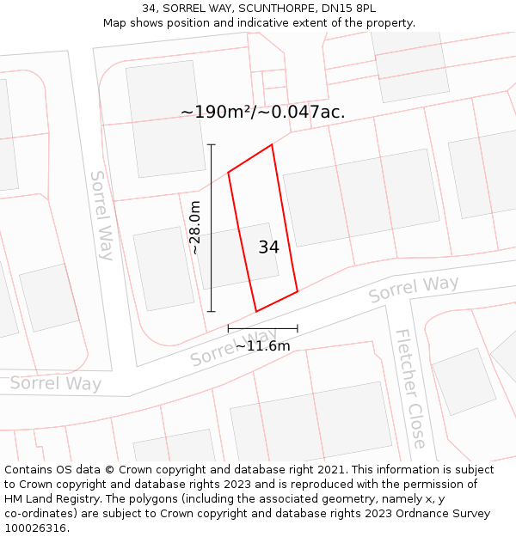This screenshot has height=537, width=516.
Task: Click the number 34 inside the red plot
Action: coord(268,247)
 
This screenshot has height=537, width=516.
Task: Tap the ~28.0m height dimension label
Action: coord(195,228)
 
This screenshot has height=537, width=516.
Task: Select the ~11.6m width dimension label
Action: coord(262,346)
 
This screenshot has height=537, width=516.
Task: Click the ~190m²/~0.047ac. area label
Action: coord(262,112)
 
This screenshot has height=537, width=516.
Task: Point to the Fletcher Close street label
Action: coord(410,388)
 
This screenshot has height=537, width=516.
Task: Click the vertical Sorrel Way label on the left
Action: coord(101,215)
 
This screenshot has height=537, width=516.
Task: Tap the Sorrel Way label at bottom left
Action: coord(56,383)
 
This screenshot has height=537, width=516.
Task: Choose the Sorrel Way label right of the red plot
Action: coord(414,289)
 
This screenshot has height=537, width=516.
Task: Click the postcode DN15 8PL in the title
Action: coord(348,8)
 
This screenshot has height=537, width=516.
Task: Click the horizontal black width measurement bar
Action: coord(262,328)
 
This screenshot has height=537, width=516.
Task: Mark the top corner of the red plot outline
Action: coord(272,144)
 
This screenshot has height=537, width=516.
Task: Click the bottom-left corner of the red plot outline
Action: coord(256,311)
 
